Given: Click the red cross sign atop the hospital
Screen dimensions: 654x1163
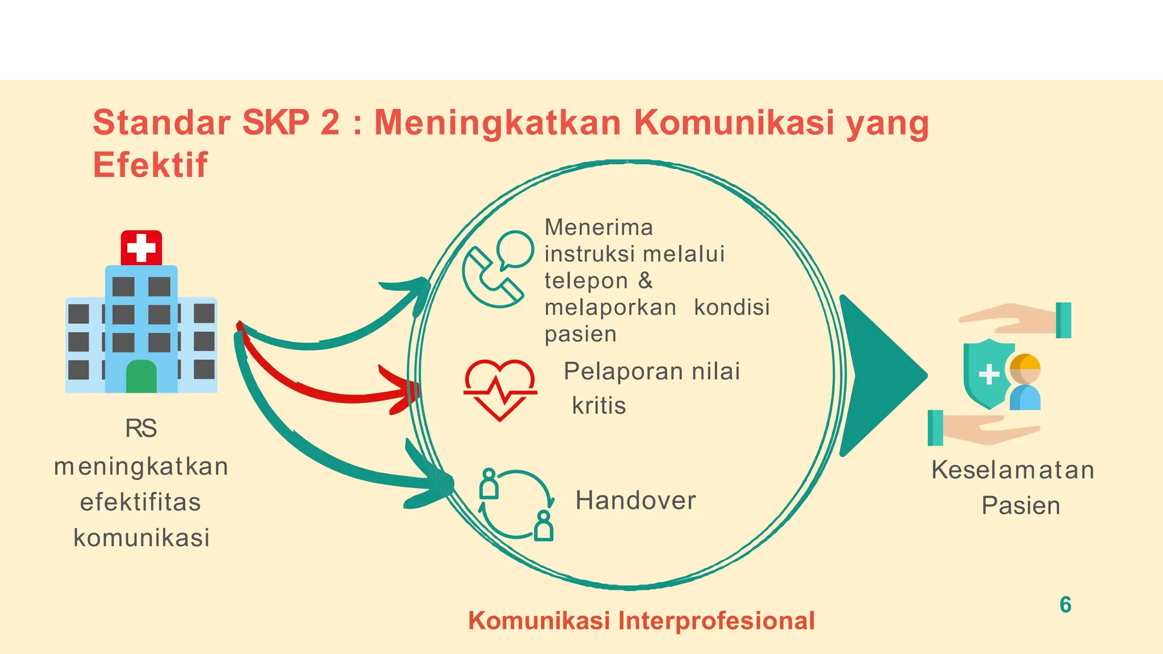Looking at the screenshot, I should click(141, 248).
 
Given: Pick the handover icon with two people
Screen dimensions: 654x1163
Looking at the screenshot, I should click(516, 504).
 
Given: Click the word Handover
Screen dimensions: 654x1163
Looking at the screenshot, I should click(635, 501).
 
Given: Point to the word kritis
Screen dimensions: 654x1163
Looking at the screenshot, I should click(599, 406).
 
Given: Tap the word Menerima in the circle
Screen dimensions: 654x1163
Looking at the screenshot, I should click(599, 228).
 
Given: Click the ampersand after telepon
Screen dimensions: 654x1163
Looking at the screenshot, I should click(645, 280).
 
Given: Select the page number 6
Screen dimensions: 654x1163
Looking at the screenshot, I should click(1065, 605).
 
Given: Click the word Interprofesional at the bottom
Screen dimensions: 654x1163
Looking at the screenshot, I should click(716, 621).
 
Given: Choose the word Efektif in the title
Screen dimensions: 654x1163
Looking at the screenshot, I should click(150, 165).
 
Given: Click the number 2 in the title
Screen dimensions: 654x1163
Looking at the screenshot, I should click(330, 122).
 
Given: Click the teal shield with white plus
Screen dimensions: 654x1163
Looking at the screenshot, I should click(988, 374).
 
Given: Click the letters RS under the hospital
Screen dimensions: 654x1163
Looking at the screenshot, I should click(141, 429).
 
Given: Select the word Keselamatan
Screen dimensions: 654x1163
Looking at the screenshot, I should click(1013, 470).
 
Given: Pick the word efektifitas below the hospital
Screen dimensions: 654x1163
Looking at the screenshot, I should click(141, 502).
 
